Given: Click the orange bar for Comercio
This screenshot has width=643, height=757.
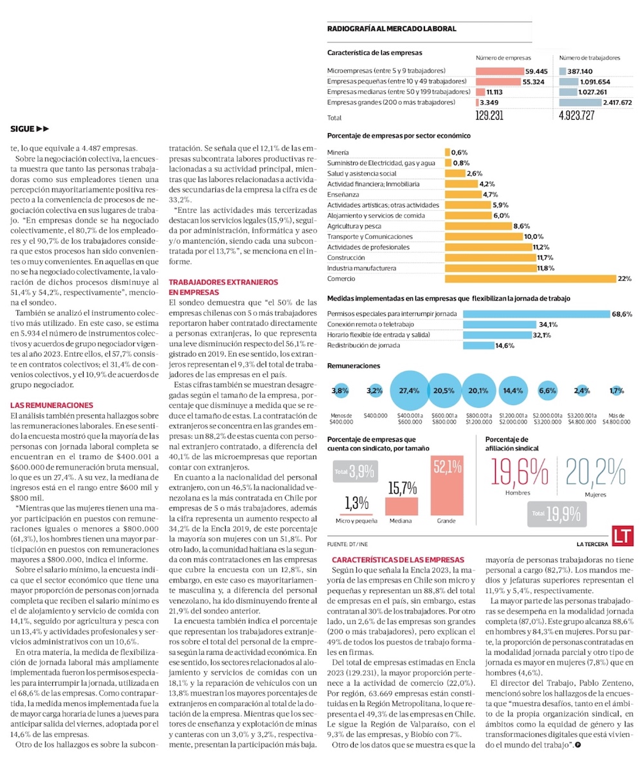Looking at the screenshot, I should (530, 279).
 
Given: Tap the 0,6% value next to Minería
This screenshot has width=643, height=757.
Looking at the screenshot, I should (460, 152).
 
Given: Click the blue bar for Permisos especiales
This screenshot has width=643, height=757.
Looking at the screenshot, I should (536, 314).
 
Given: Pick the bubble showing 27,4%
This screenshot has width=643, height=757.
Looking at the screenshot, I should (409, 390).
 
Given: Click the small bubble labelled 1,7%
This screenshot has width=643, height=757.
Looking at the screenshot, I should (617, 390).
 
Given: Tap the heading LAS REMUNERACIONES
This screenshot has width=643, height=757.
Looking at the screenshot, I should (52, 405).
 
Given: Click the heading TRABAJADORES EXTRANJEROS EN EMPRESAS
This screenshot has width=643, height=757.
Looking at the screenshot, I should (223, 287).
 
